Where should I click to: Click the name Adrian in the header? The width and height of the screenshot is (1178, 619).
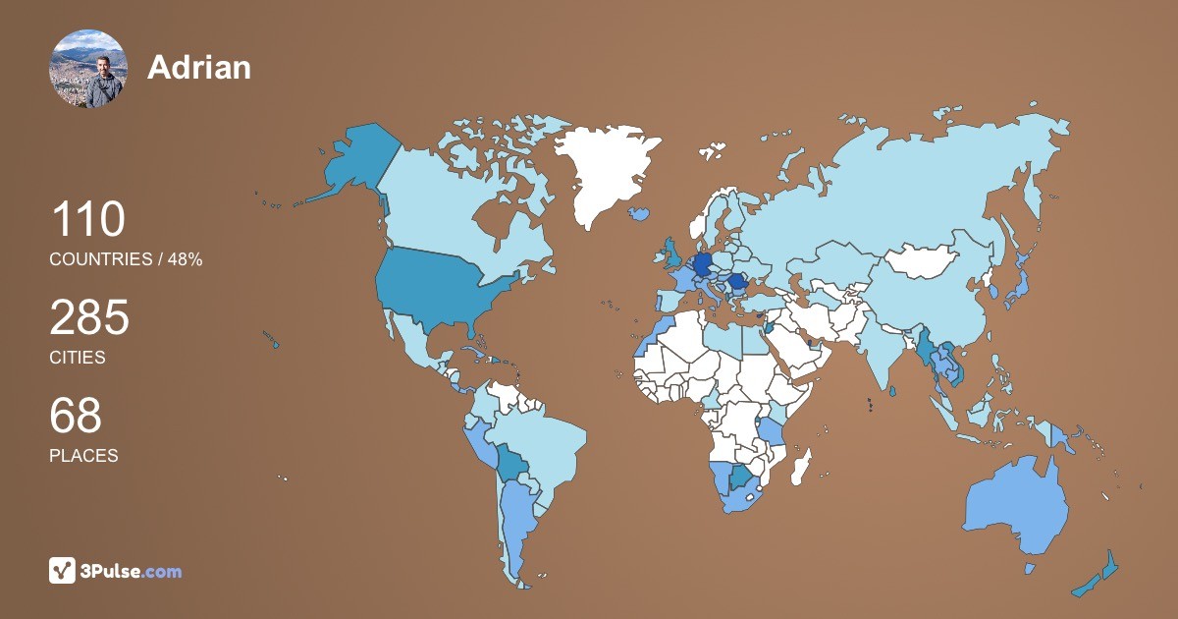click(x=199, y=67)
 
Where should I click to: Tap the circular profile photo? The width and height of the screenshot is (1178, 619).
click(x=87, y=69)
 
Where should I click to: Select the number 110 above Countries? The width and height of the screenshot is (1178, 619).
click(x=87, y=219)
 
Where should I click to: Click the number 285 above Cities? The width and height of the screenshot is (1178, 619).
click(x=89, y=318)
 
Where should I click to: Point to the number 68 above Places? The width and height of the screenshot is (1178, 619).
click(x=76, y=416)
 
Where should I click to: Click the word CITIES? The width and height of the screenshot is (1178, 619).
click(x=78, y=358)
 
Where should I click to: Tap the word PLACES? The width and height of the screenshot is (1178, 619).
click(x=83, y=456)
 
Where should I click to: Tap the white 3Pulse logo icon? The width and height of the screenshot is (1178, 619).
click(x=63, y=570)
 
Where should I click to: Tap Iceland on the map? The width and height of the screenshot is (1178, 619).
click(x=640, y=212)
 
